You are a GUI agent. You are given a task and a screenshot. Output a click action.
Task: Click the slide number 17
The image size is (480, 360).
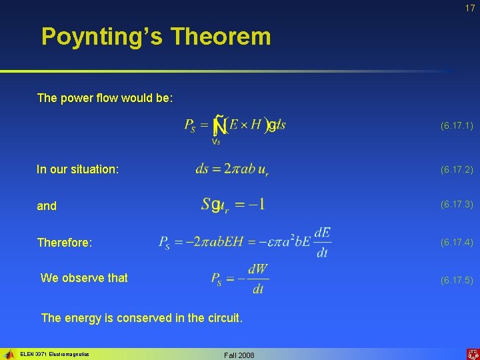pyautogui.click(x=470, y=8)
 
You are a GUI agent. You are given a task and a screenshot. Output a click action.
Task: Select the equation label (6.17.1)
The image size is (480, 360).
pyautogui.click(x=457, y=125)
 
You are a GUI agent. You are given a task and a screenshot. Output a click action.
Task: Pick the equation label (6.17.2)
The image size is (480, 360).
pyautogui.click(x=457, y=170)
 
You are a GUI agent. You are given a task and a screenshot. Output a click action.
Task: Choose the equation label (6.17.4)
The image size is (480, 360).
pyautogui.click(x=457, y=243)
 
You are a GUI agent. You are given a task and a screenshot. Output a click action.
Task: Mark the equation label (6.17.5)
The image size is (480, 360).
pyautogui.click(x=457, y=280)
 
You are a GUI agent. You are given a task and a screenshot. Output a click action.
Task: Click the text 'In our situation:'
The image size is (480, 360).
pyautogui.click(x=78, y=170)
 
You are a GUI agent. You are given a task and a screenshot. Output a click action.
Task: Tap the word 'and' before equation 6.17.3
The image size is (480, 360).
pyautogui.click(x=47, y=207)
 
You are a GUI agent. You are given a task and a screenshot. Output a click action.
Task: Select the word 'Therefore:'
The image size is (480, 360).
pyautogui.click(x=63, y=243)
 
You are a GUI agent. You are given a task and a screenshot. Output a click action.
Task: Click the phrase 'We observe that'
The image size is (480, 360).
pyautogui.click(x=84, y=278)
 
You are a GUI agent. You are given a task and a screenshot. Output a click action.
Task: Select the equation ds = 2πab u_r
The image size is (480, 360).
pyautogui.click(x=232, y=169)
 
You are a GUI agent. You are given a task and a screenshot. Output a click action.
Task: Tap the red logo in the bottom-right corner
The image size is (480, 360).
pyautogui.click(x=471, y=354)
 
